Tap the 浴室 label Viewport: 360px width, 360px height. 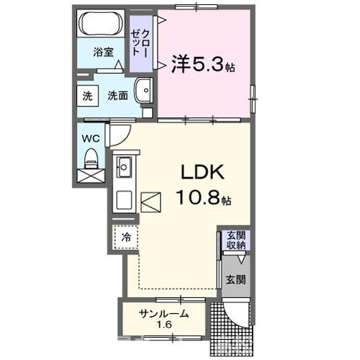point(104,52)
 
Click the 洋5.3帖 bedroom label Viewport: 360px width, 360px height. point(203,64)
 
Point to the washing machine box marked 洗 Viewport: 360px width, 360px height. point(88,96)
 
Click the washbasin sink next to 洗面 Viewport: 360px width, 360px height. point(143,91)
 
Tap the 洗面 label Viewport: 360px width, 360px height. point(117,96)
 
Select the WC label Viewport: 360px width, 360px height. point(91,138)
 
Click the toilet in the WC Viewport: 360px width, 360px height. point(91,158)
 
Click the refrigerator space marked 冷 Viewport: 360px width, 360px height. point(126,238)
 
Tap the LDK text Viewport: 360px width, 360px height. point(203,172)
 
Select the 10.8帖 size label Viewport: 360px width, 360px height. point(204,198)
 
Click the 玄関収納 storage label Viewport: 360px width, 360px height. point(236,240)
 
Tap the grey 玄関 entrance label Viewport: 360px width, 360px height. point(236,279)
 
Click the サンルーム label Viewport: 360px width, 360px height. point(164,313)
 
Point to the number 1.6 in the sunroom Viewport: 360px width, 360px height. point(164,325)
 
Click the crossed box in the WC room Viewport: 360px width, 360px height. point(91,176)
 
